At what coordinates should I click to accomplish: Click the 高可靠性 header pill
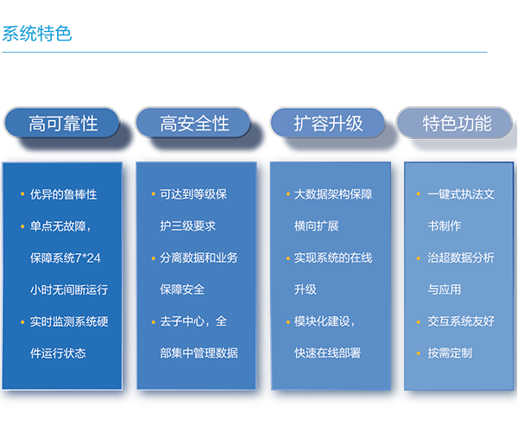pyautogui.click(x=64, y=124)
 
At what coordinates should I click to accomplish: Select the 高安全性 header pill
pyautogui.click(x=195, y=124)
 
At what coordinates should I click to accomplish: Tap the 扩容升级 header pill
pyautogui.click(x=328, y=124)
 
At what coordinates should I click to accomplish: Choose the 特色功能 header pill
pyautogui.click(x=457, y=124)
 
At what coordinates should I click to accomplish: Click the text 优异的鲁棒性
pyautogui.click(x=64, y=194)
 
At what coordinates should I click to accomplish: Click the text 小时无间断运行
pyautogui.click(x=68, y=289)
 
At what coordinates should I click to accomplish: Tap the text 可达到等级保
pyautogui.click(x=194, y=194)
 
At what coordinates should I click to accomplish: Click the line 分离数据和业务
pyautogui.click(x=199, y=257)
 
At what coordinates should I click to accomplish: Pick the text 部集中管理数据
pyautogui.click(x=199, y=353)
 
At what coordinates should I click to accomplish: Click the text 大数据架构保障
pyautogui.click(x=333, y=194)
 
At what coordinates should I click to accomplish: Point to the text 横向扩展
pyautogui.click(x=317, y=226)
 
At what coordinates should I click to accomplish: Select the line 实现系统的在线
pyautogui.click(x=333, y=257)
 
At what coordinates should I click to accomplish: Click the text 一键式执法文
pyautogui.click(x=462, y=194)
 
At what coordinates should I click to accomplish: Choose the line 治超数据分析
pyautogui.click(x=462, y=257)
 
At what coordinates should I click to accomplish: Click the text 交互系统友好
pyautogui.click(x=462, y=321)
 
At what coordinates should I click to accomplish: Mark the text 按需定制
pyautogui.click(x=450, y=353)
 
